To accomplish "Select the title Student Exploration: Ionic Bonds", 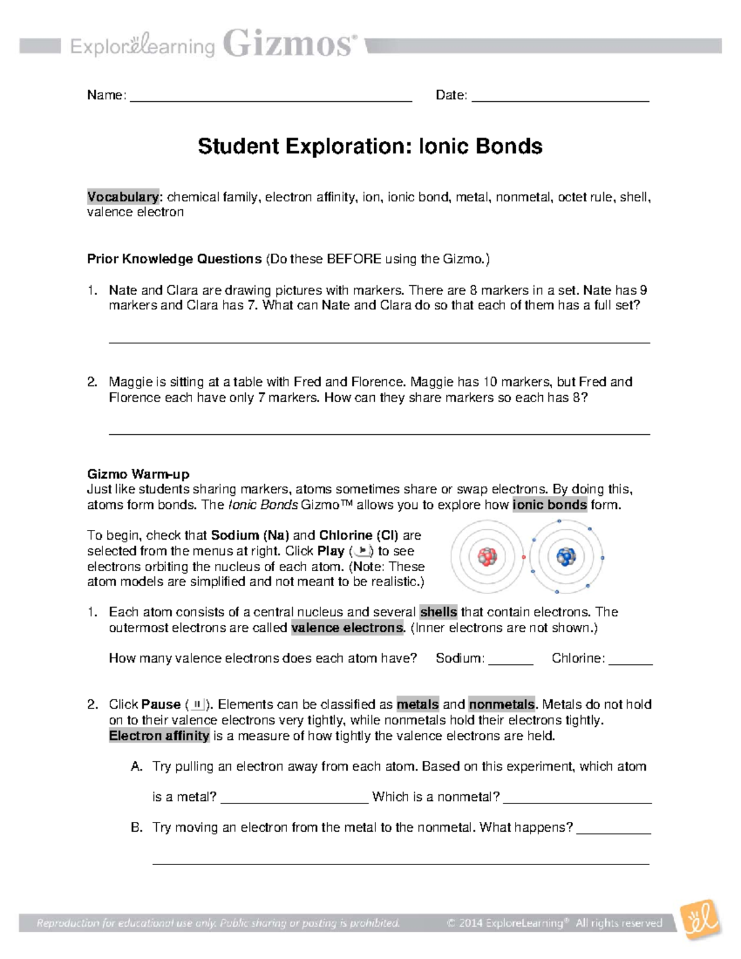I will point(370,146).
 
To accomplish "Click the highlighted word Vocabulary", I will point(123,197).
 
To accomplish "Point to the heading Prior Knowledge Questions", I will point(174,259).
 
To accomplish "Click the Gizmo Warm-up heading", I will point(138,474).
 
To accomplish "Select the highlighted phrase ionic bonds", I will point(550,505).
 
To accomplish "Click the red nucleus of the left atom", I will point(488,557).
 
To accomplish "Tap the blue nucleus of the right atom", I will point(566,557).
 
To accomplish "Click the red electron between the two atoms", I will point(524,557).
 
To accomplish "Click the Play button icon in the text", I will point(363,551).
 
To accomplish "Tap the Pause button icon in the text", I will point(197,705).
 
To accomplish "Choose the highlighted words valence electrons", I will point(347,628).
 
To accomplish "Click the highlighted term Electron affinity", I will point(159,735).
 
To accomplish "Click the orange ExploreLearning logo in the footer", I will point(700,922).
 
